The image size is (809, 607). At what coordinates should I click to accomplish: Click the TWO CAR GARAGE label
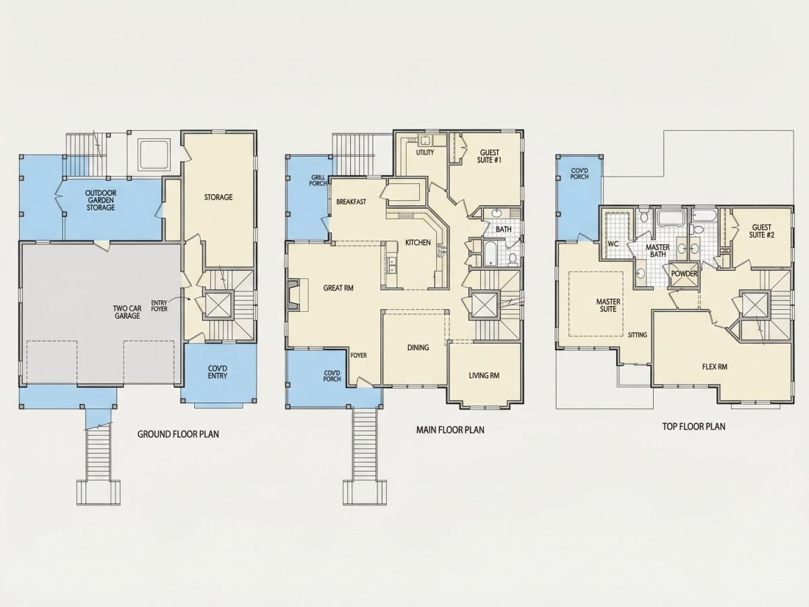pos(127,312)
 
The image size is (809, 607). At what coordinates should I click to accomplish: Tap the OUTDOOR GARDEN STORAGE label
pos(101,200)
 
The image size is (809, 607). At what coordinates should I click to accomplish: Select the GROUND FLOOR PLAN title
pos(178,434)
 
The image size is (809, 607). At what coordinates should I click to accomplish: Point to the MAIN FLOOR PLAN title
pos(450,430)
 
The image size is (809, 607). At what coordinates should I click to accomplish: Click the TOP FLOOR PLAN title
pos(694,426)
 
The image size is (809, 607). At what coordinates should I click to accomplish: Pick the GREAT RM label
pos(338,288)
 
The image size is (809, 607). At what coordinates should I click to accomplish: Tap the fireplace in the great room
pos(293,294)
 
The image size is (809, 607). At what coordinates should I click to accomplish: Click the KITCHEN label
pos(418,243)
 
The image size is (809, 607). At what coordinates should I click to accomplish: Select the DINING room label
pos(418,347)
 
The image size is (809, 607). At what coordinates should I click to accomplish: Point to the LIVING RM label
pos(484,375)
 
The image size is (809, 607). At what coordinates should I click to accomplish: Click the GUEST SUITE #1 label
pos(490,156)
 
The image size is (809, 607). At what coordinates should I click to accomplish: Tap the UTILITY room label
pos(425,152)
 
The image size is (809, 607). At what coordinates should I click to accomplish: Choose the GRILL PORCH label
pos(318,180)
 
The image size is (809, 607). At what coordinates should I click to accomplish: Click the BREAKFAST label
pos(352,202)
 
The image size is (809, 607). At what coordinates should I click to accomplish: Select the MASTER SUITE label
pos(608,305)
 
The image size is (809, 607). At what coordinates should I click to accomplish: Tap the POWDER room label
pos(684,274)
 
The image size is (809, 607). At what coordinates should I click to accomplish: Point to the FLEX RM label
pos(715,366)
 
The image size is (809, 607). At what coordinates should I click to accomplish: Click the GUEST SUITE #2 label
pos(761,231)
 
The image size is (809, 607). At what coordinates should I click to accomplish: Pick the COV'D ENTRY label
pos(218,372)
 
